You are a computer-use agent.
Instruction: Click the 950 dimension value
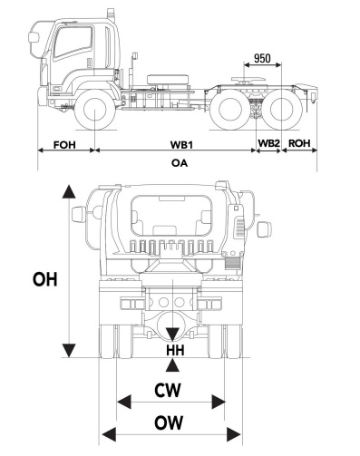[x=262, y=58]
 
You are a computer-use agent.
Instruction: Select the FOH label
[x=64, y=145]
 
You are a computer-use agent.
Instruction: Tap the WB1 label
[x=181, y=145]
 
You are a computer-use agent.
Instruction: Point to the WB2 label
[x=268, y=143]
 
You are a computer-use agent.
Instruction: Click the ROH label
[x=299, y=143]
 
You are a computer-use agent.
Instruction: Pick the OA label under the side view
[x=180, y=163]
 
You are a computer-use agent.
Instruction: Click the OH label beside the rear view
[x=44, y=279]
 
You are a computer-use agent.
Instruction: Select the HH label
[x=175, y=350]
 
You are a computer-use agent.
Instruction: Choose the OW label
[x=169, y=422]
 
